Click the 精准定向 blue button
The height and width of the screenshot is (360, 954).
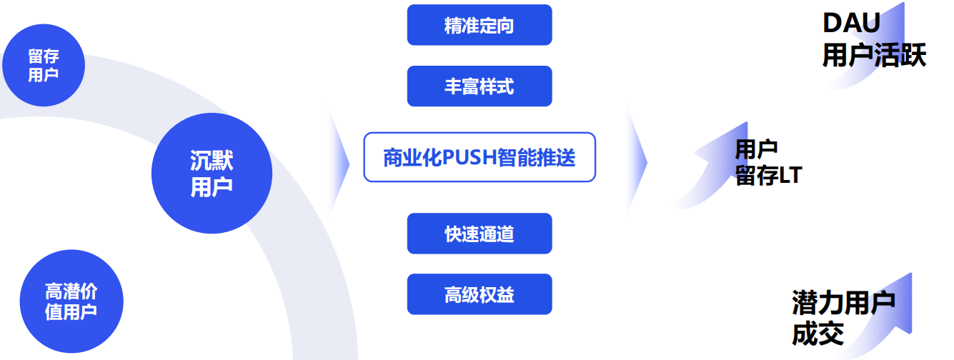[x=480, y=25]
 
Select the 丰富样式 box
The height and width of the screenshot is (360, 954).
[x=480, y=86]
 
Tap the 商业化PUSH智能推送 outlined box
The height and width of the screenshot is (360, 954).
[x=480, y=157]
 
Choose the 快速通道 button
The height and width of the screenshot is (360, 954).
[x=480, y=234]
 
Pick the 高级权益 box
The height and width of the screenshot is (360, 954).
[x=480, y=294]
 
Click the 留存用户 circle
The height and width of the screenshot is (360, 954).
[x=44, y=65]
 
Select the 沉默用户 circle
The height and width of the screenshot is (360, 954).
[x=212, y=174]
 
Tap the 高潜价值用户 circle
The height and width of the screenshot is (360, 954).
[x=71, y=301]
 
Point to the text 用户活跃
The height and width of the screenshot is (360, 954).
[x=873, y=56]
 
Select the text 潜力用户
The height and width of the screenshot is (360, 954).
[x=843, y=303]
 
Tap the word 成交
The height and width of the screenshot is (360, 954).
[x=818, y=334]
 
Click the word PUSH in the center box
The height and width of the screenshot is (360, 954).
[x=470, y=157]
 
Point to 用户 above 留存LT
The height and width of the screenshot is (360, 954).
[x=756, y=149]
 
